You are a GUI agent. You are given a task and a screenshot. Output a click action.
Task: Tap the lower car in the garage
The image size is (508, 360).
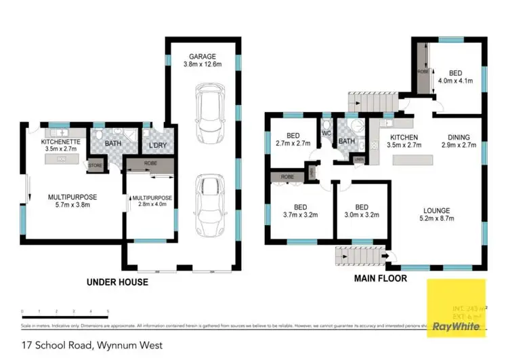(210, 199)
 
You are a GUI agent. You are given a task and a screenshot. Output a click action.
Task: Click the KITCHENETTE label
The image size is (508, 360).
(62, 142)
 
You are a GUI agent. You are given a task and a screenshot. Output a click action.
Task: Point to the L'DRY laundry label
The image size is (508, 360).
(158, 144)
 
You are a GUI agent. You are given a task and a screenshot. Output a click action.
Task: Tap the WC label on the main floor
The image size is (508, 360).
(326, 133)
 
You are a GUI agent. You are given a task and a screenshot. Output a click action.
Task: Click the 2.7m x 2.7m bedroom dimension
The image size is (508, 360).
(293, 144)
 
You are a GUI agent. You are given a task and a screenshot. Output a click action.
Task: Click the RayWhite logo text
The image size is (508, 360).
(457, 326)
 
